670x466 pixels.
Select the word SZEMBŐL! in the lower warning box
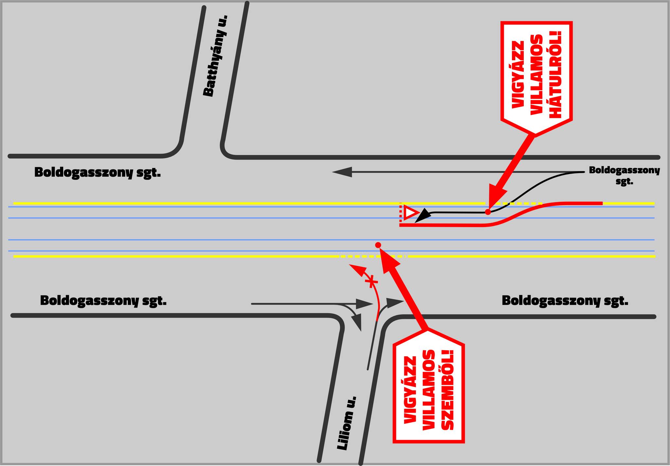[448, 389]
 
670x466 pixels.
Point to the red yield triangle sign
[411, 213]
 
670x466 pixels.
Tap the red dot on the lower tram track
[378, 245]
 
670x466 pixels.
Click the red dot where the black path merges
[488, 212]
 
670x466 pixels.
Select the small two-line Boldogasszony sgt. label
[624, 175]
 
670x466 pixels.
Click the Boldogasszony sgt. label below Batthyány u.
[97, 172]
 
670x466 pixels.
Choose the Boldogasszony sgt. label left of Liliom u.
[103, 300]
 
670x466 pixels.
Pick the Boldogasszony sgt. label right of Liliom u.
[565, 300]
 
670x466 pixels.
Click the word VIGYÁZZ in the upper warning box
[518, 75]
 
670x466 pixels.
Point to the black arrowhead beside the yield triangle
[423, 216]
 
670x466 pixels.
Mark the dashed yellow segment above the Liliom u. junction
[373, 256]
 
